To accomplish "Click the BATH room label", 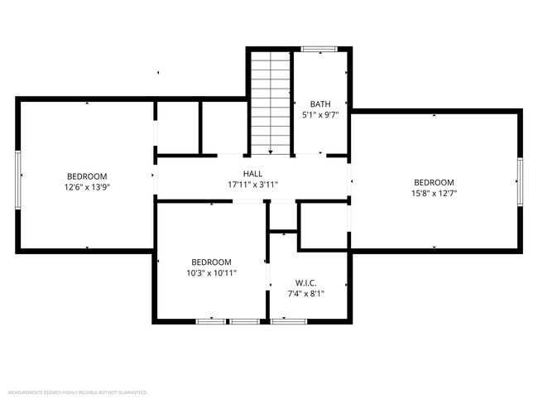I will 319,103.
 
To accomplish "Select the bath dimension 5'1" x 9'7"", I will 319,115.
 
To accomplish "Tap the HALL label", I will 252,173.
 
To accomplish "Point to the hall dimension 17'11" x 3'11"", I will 252,184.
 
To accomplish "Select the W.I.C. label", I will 305,282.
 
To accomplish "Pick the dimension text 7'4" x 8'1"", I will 305,293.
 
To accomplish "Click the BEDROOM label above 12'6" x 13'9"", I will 87,176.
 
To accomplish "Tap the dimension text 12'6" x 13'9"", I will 87,187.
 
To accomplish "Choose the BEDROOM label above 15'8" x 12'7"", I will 434,182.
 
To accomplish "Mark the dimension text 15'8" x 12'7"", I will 434,193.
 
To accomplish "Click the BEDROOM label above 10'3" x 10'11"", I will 211,261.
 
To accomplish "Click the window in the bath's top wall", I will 317,50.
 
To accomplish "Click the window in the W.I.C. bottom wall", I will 288,320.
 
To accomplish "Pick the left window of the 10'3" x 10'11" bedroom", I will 211,320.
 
